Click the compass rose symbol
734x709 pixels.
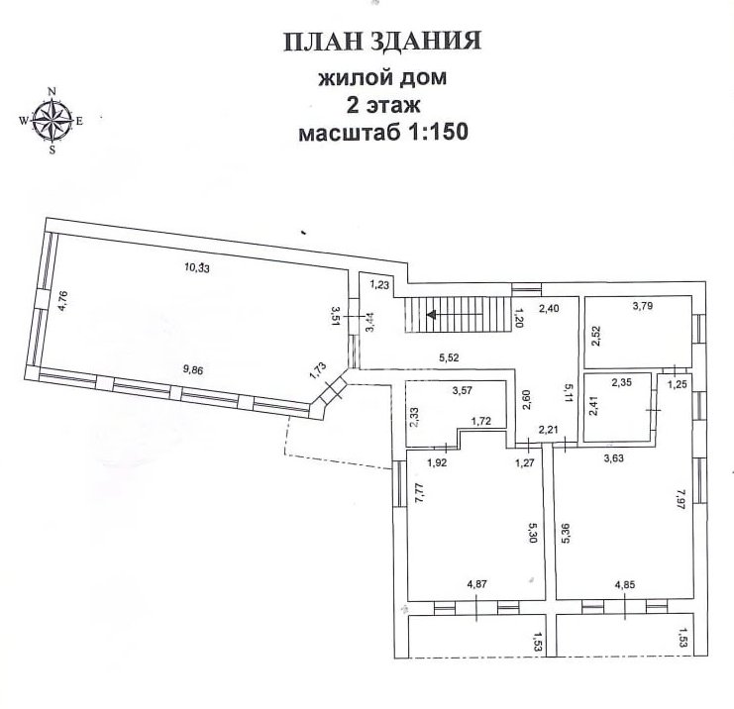pos(52,121)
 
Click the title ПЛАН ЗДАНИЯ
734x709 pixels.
pos(381,43)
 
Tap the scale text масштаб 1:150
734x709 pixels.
pos(381,133)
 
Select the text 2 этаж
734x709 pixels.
pos(381,105)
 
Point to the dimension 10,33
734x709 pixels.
pos(198,266)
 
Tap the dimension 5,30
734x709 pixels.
pos(534,537)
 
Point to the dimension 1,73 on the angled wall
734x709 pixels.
pos(317,370)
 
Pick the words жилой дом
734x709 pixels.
pos(381,78)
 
